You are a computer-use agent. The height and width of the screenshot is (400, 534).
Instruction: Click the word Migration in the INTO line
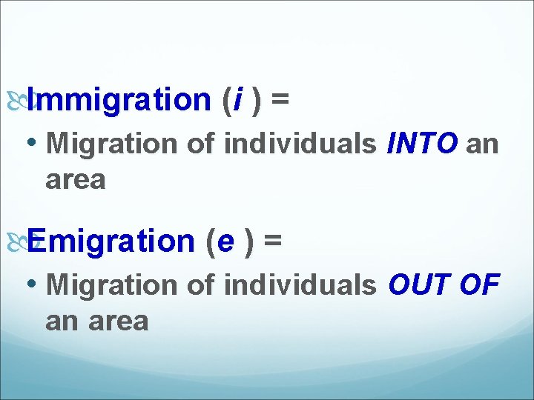[112, 144]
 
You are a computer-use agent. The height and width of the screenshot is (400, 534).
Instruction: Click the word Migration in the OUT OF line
[112, 285]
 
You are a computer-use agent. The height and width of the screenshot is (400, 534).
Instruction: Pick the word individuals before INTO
[300, 144]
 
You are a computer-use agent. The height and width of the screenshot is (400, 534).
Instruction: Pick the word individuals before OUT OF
[300, 285]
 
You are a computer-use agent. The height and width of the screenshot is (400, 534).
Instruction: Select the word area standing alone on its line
[76, 180]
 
